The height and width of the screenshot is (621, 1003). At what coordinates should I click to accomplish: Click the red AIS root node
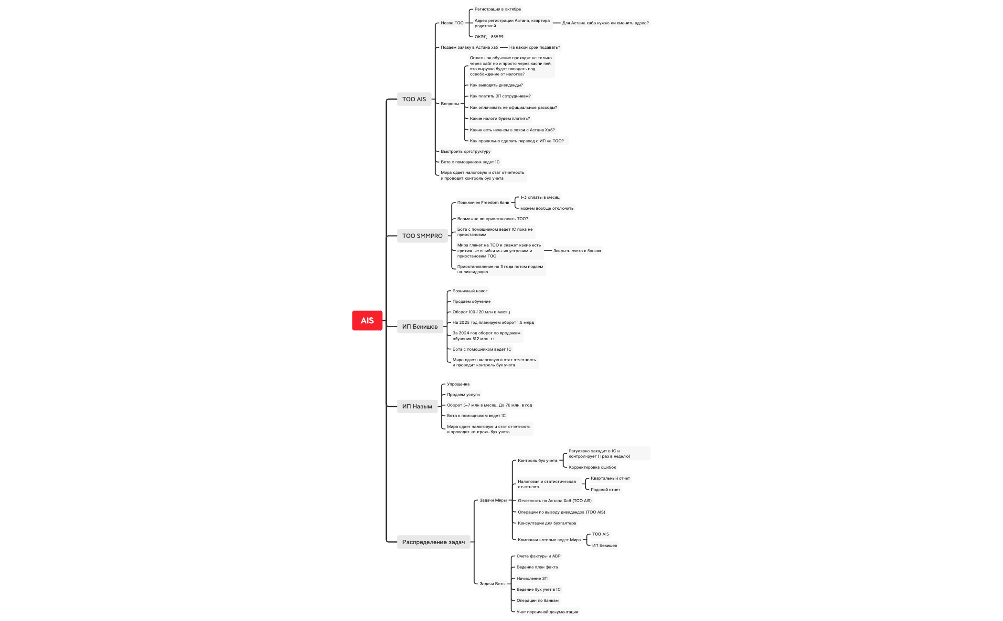pos(367,321)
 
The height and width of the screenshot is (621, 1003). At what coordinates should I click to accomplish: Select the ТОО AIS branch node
pos(414,99)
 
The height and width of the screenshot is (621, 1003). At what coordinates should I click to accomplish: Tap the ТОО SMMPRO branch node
pos(422,236)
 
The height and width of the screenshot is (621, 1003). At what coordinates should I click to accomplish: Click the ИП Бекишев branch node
pos(420,327)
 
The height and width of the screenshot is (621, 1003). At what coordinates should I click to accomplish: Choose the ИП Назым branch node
pos(417,407)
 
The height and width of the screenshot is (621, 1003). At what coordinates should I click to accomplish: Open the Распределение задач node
pos(433,542)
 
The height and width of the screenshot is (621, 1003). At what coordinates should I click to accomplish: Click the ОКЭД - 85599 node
pos(489,37)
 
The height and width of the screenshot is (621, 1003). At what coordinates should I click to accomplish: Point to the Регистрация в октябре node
pos(498,9)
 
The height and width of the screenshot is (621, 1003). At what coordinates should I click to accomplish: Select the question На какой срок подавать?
pos(534,47)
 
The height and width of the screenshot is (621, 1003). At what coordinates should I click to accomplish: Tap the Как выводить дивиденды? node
pos(496,85)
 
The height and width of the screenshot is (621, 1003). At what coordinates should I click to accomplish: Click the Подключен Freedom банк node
pos(483,203)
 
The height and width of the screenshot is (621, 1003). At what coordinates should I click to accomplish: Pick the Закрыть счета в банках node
pos(577,251)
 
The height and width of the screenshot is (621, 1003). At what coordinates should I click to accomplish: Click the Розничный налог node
pos(470,291)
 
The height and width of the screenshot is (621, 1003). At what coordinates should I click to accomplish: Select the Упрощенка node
pos(458,384)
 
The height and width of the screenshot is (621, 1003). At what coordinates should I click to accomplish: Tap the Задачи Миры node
pos(493,500)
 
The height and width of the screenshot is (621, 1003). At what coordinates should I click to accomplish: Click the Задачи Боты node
pos(492,584)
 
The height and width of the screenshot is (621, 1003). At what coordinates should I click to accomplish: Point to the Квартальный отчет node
pos(610,478)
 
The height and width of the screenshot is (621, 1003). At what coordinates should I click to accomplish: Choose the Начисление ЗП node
pos(532,578)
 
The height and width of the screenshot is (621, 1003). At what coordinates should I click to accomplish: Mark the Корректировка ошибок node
pos(592,467)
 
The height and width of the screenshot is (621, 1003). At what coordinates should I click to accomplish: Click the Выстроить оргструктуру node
pos(466,151)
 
